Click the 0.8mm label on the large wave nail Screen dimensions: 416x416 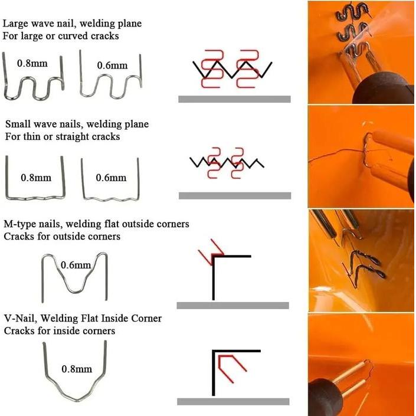[32, 63]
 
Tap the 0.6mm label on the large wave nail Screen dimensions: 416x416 [112, 65]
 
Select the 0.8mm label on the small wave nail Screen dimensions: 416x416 [36, 178]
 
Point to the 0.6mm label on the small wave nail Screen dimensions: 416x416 [111, 178]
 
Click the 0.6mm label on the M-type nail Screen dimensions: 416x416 [76, 265]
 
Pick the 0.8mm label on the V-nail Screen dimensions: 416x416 [77, 369]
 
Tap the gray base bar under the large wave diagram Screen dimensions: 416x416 [234, 99]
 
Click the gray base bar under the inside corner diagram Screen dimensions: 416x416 [233, 401]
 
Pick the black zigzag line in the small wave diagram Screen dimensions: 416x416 [227, 163]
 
